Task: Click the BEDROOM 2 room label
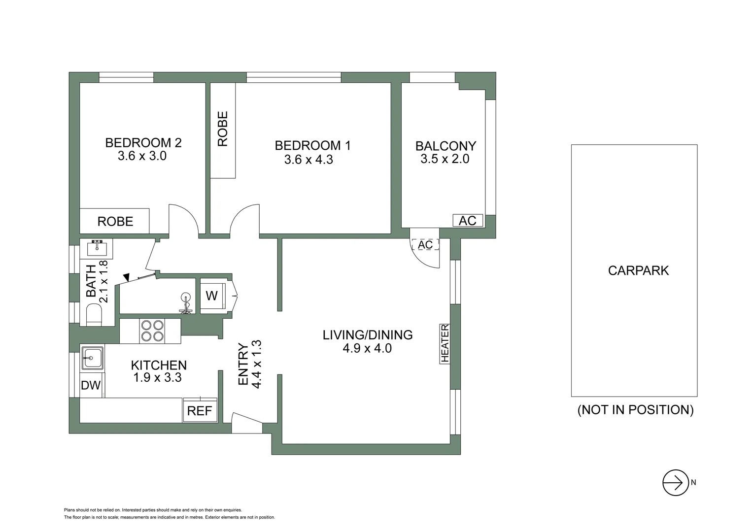pyautogui.click(x=143, y=143)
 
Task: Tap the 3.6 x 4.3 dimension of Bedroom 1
pyautogui.click(x=308, y=160)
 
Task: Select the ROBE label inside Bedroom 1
pyautogui.click(x=223, y=129)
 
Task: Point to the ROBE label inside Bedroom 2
pyautogui.click(x=115, y=222)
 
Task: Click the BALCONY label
pyautogui.click(x=445, y=146)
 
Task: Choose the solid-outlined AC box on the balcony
pyautogui.click(x=468, y=221)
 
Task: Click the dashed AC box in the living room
pyautogui.click(x=425, y=245)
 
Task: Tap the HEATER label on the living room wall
pyautogui.click(x=445, y=343)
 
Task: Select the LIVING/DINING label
pyautogui.click(x=368, y=335)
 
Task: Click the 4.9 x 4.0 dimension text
pyautogui.click(x=368, y=348)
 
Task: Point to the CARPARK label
pyautogui.click(x=638, y=270)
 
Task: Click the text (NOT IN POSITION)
pyautogui.click(x=635, y=410)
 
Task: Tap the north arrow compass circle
pyautogui.click(x=675, y=483)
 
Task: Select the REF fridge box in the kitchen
pyautogui.click(x=200, y=410)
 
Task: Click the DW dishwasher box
pyautogui.click(x=91, y=385)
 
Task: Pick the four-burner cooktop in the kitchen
pyautogui.click(x=152, y=331)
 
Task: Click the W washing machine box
pyautogui.click(x=212, y=296)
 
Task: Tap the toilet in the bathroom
pyautogui.click(x=94, y=314)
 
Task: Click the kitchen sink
pyautogui.click(x=92, y=357)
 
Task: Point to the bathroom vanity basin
pyautogui.click(x=97, y=248)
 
